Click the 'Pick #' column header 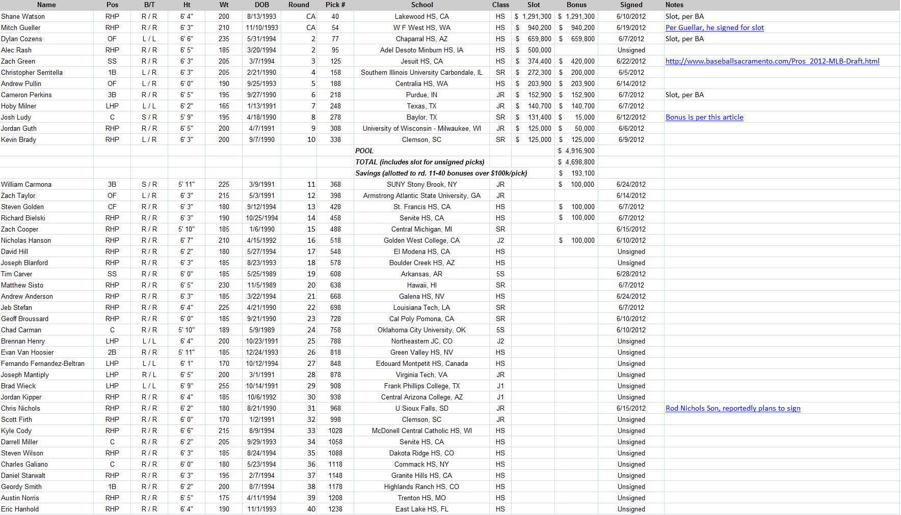[335, 5]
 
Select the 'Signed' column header [631, 5]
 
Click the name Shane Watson [23, 16]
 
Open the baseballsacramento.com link [772, 61]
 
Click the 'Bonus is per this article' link [704, 117]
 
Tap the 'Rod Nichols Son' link [733, 408]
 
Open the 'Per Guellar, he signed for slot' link [714, 27]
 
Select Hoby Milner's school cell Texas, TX [421, 106]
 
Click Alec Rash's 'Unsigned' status [631, 50]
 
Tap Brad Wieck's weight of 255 [224, 386]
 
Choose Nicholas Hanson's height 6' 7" [187, 240]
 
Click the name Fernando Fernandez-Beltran [43, 363]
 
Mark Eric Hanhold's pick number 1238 [335, 509]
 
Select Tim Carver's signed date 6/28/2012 [631, 274]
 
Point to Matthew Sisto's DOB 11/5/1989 [262, 285]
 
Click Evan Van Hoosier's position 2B [112, 352]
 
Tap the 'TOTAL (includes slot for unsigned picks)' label [419, 162]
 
